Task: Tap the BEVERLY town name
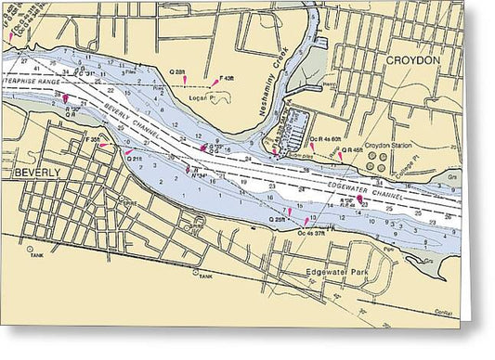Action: (x=35, y=173)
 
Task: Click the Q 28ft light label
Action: (x=176, y=71)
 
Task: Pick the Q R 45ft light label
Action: (x=351, y=149)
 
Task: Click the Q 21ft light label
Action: (x=135, y=159)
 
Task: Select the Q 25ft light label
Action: (x=278, y=219)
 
